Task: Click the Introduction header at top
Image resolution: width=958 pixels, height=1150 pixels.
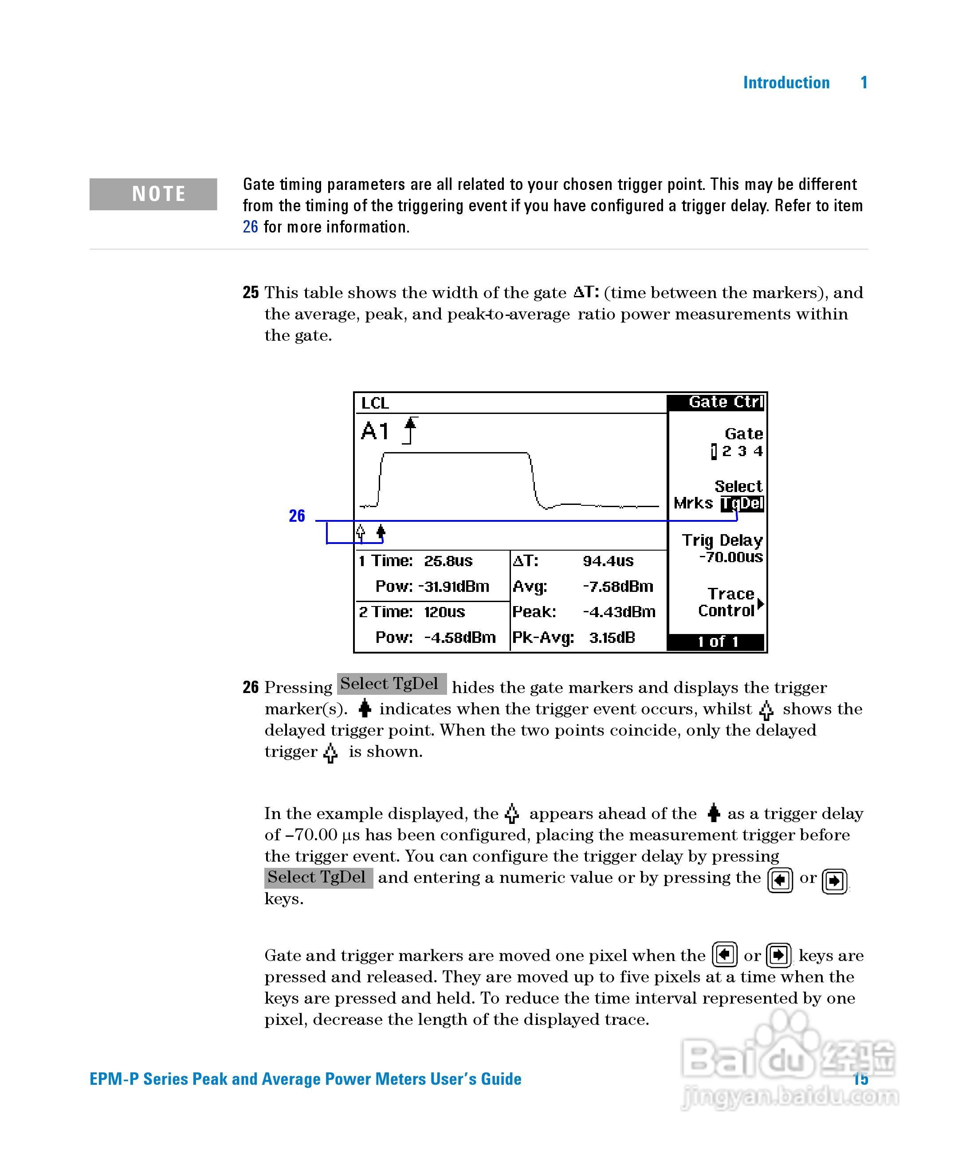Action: pos(785,83)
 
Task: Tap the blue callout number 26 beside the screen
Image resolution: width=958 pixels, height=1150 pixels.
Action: pos(297,516)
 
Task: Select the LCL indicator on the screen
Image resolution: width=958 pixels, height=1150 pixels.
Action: pos(375,404)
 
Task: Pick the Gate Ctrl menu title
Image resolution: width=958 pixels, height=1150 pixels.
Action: pos(724,402)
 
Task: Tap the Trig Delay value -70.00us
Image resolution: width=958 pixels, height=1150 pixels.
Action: pos(731,558)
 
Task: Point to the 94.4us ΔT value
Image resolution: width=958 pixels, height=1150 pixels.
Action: pos(608,561)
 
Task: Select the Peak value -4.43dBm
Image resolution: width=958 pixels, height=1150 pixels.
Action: pos(619,612)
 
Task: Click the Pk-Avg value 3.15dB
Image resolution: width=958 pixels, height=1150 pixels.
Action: pos(612,638)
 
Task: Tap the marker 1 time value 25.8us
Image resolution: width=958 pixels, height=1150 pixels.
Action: pos(448,561)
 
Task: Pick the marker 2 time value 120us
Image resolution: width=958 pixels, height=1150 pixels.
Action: pos(444,612)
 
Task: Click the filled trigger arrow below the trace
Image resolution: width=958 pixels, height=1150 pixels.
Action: pos(381,532)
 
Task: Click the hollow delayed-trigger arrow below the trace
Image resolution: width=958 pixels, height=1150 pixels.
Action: pos(360,532)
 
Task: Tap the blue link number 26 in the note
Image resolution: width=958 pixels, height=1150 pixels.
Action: pos(250,227)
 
